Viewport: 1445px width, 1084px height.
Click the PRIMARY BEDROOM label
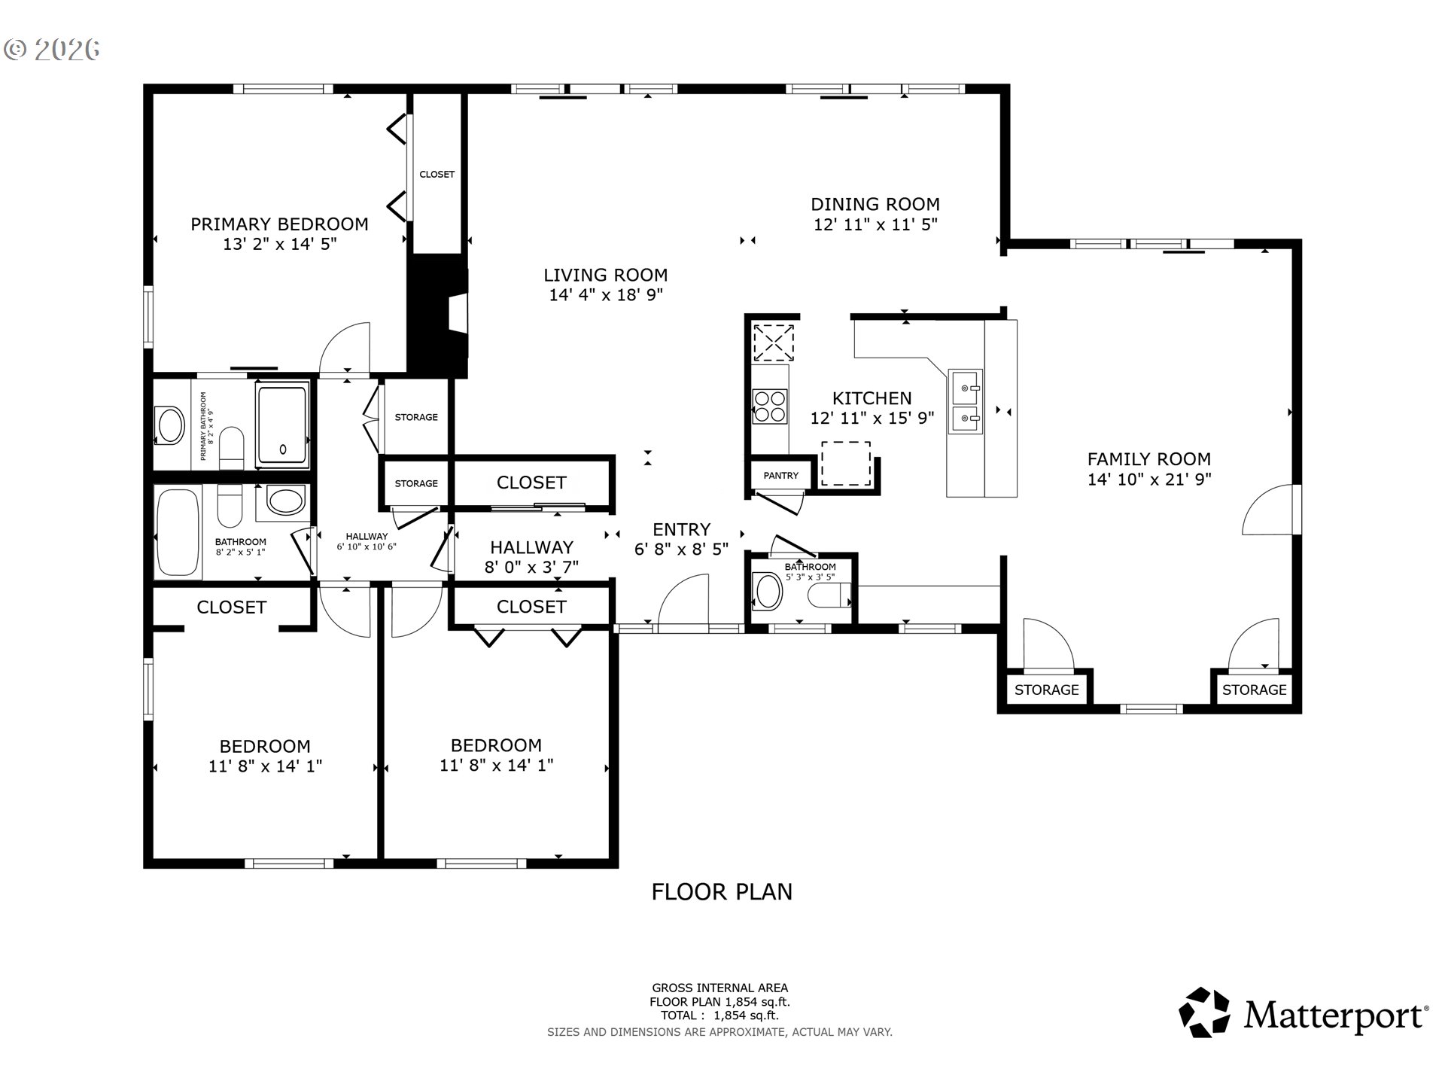point(279,224)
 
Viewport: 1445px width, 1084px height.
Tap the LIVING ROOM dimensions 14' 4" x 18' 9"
point(606,294)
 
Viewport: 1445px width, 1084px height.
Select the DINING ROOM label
point(875,204)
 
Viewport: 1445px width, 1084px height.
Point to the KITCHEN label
point(872,398)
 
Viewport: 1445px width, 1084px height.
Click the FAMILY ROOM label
point(1149,459)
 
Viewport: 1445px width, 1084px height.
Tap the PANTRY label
point(781,475)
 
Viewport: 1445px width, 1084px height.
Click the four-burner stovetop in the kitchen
point(769,406)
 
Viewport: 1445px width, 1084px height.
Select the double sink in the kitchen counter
point(965,401)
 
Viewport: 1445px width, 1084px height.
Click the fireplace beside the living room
point(438,315)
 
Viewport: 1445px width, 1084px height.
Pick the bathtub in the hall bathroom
point(178,532)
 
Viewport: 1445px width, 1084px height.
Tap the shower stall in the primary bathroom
point(283,425)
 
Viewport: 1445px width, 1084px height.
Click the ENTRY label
point(681,529)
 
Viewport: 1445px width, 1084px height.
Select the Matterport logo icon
point(1204,1012)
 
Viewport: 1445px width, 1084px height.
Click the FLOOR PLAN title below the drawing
point(722,892)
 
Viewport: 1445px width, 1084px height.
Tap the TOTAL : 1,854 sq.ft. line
point(719,1015)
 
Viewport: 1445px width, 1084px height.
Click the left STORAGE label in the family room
point(1046,690)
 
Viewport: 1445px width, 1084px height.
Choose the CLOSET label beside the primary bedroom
point(437,174)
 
